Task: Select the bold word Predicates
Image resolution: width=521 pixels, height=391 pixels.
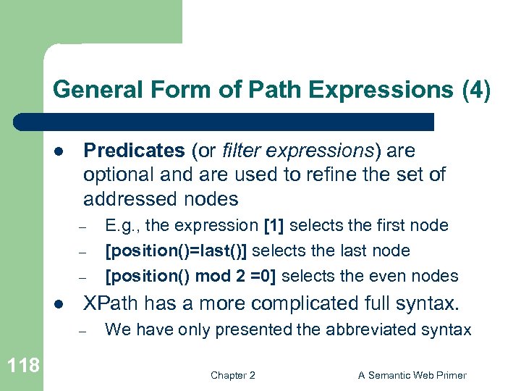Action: coord(134,151)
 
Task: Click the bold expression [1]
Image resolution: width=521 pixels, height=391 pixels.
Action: coord(274,226)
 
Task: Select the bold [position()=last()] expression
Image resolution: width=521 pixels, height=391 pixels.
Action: coord(177,251)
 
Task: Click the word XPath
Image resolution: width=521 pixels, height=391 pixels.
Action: coord(109,303)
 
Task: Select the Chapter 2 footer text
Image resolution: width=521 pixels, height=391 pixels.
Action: coord(232,375)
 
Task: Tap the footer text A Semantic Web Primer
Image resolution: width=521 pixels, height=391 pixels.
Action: coord(412,375)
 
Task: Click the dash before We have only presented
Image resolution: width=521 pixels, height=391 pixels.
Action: coord(83,331)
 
